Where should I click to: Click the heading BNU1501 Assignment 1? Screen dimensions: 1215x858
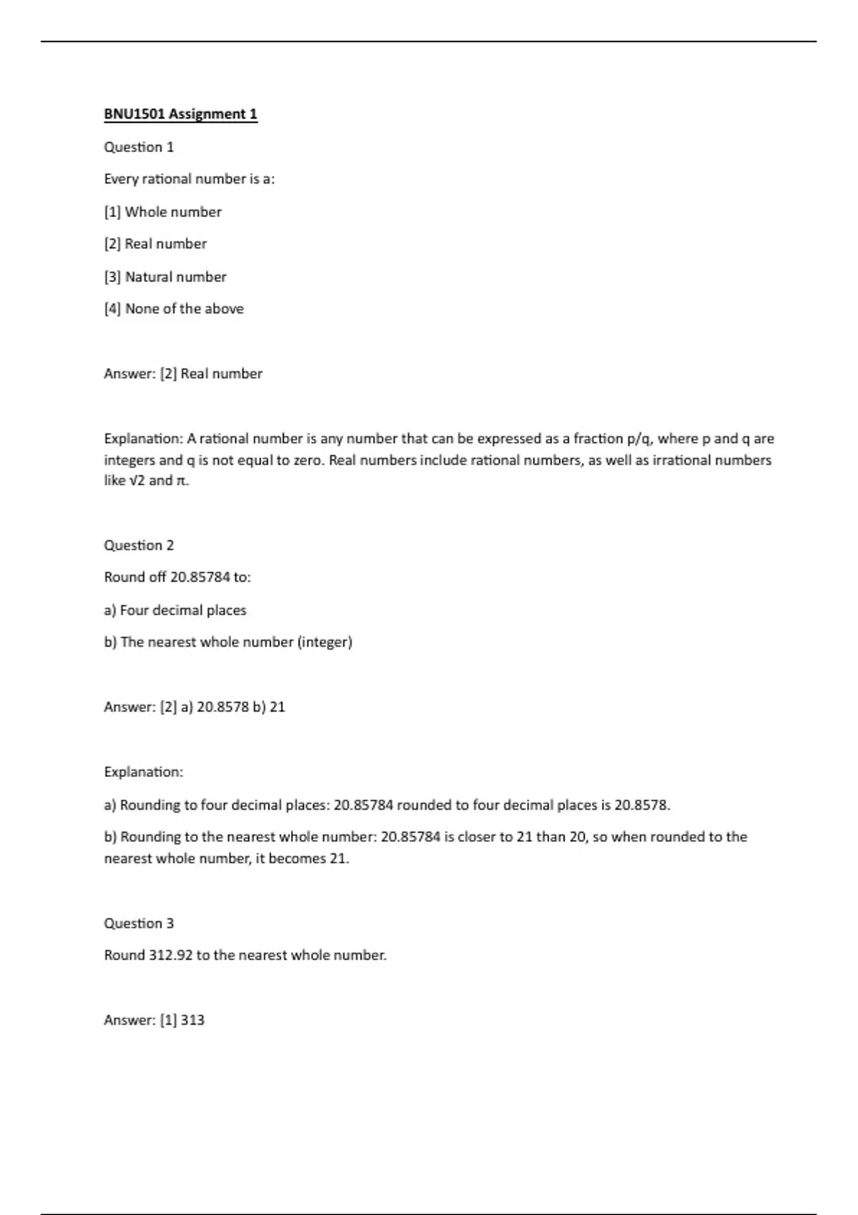180,114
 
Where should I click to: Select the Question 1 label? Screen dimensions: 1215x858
139,147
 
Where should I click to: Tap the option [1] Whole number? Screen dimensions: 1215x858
162,212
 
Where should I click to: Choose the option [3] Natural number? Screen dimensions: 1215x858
164,277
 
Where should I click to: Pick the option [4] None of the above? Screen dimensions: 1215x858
174,309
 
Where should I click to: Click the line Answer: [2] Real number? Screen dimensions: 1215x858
183,374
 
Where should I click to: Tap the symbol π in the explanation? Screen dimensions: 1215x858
182,481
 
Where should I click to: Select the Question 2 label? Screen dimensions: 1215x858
139,545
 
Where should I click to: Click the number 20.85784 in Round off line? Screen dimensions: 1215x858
200,577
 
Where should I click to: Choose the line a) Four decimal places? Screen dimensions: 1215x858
175,610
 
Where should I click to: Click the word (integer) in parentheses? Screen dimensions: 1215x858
325,643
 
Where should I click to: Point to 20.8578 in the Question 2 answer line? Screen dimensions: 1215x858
222,707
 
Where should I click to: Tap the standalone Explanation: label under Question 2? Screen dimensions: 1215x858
143,772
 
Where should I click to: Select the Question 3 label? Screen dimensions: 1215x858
139,923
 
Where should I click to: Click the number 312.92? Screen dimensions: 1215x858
170,956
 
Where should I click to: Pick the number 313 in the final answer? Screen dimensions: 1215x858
192,1021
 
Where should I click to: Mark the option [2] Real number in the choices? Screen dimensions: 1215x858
155,244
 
